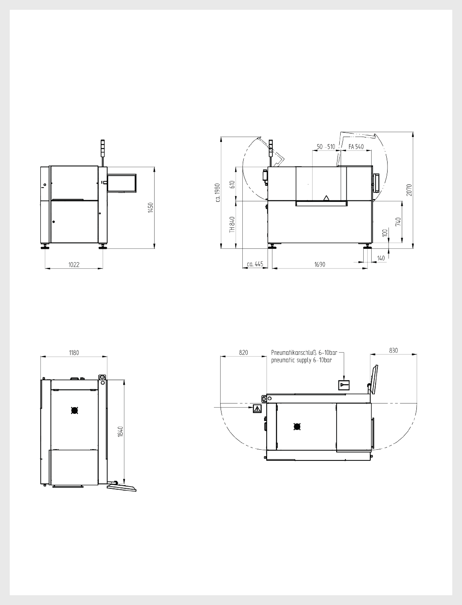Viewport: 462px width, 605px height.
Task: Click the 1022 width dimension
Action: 74,265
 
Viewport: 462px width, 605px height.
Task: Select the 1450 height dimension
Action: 151,208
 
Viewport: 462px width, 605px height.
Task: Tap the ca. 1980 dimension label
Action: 218,192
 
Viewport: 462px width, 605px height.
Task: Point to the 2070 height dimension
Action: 409,190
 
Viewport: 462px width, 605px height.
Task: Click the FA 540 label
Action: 356,147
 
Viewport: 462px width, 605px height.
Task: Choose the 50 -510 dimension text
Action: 326,147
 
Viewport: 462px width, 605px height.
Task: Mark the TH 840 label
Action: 232,224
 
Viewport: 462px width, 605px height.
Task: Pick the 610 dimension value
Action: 232,185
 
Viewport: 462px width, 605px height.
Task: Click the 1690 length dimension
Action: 320,264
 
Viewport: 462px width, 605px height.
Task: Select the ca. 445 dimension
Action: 255,264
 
